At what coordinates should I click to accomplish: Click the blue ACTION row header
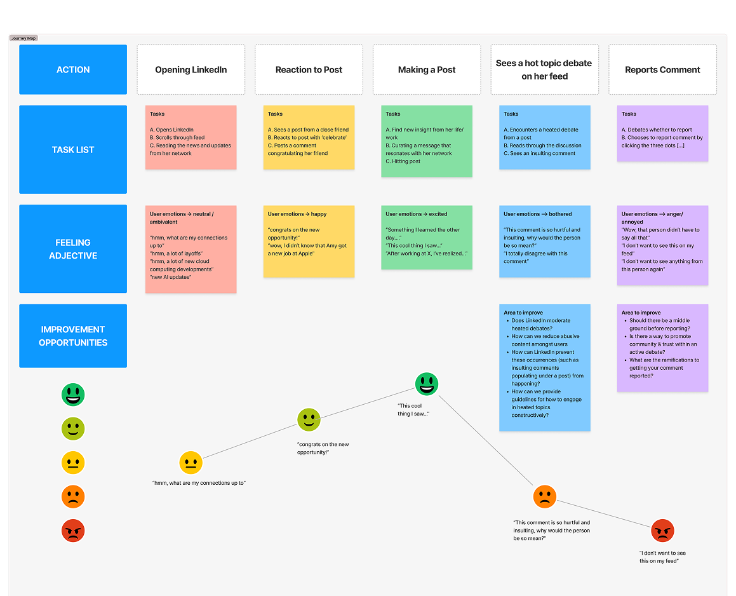coord(73,70)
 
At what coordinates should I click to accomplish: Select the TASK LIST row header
coord(73,149)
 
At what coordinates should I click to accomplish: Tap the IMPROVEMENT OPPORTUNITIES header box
coord(73,335)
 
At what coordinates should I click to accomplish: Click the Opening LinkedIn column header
coord(191,70)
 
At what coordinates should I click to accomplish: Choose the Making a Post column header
coord(427,70)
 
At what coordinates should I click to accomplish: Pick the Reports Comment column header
coord(662,70)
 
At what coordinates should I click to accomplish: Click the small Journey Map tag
coord(23,38)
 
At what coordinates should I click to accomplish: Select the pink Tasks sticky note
coord(191,137)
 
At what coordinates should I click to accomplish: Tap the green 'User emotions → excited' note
coord(427,237)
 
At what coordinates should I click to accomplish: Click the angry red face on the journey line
coord(662,531)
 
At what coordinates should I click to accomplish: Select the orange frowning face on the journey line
coord(544,496)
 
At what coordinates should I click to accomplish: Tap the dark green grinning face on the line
coord(427,384)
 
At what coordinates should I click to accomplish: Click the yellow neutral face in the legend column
coord(73,463)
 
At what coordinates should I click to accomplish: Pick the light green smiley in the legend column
coord(73,429)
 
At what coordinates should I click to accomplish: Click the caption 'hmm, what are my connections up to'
coord(199,483)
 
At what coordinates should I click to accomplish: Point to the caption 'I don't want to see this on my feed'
coord(662,557)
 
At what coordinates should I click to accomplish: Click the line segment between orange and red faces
coord(603,513)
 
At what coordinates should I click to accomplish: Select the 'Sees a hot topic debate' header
coord(544,70)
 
